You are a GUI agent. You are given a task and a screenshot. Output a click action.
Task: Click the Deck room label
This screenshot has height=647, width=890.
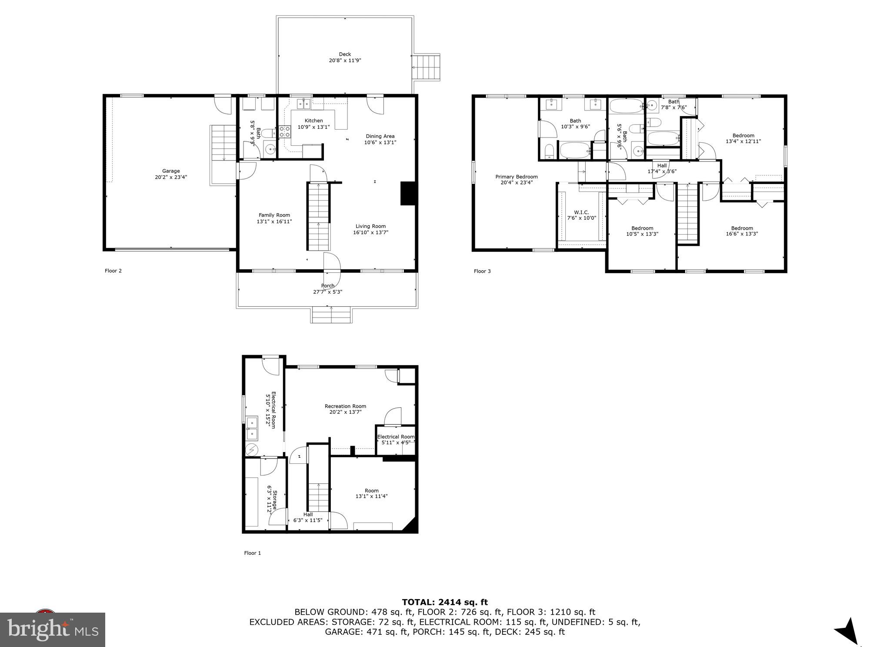tap(345, 54)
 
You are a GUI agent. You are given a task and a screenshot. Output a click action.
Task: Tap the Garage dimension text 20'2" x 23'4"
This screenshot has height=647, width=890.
tap(171, 177)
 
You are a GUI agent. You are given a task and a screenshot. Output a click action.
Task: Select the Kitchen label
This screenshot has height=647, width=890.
tap(313, 121)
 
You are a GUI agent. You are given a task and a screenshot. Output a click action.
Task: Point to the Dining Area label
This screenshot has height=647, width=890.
tap(380, 136)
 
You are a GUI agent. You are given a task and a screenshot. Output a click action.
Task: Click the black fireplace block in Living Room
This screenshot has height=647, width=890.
tap(408, 193)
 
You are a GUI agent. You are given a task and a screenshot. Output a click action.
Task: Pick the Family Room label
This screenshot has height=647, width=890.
tap(274, 215)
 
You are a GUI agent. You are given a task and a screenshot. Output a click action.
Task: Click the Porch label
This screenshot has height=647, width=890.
tap(327, 286)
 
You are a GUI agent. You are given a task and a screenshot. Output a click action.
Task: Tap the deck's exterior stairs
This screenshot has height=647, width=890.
tap(427, 67)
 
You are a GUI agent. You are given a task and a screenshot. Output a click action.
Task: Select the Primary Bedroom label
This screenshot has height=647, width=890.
tap(517, 177)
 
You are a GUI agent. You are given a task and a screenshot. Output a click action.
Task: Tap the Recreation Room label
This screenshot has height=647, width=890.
tap(345, 406)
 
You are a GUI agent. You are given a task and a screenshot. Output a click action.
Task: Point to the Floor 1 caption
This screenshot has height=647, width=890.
tap(252, 553)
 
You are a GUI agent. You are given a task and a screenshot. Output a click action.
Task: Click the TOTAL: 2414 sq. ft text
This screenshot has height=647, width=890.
tap(444, 602)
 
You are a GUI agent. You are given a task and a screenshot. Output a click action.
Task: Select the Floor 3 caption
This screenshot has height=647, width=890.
tap(482, 271)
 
